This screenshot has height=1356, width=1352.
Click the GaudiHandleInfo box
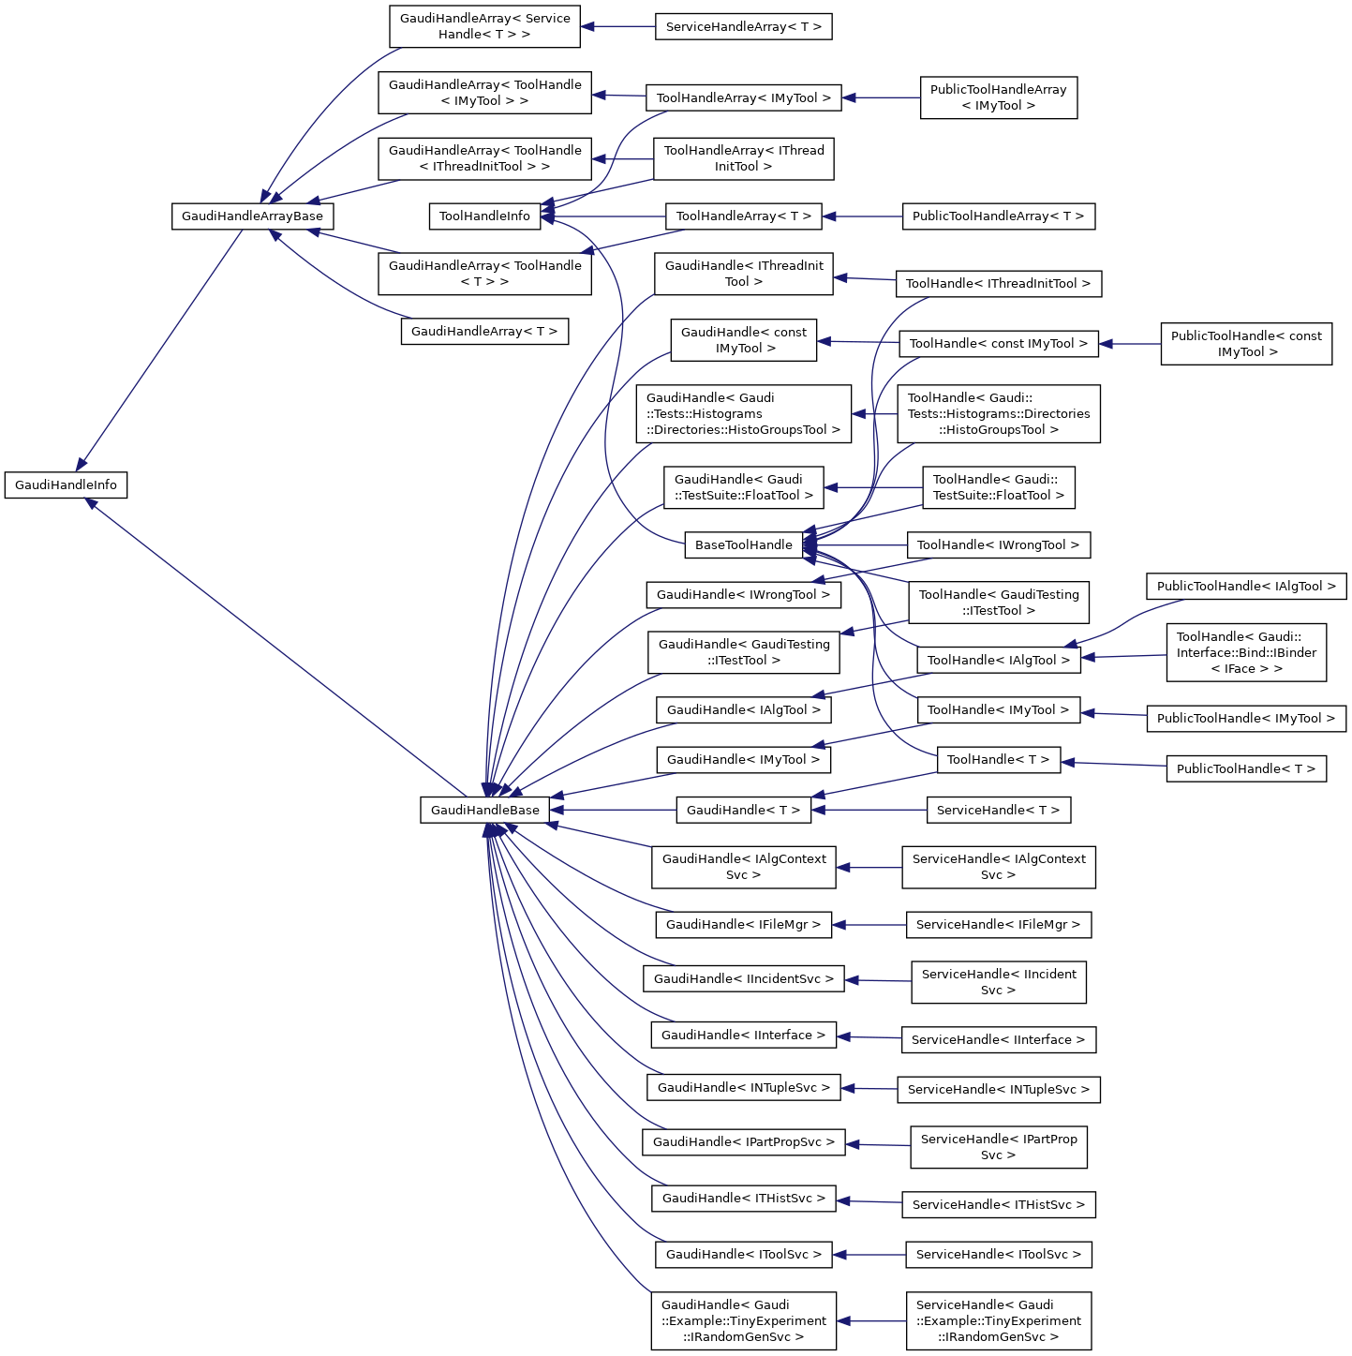pos(66,485)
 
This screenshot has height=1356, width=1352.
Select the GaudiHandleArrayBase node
pos(252,216)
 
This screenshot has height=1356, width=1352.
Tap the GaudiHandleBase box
pos(484,811)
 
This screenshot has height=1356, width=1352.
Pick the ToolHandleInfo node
pos(484,216)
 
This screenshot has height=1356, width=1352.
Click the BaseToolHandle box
pos(744,545)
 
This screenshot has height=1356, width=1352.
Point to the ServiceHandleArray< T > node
pos(744,27)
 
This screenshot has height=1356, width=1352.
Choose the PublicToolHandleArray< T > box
pos(998,216)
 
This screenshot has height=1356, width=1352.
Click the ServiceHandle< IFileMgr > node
pos(998,925)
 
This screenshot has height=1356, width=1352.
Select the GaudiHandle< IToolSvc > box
pos(744,1255)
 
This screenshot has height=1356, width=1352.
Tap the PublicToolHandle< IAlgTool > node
pos(1246,587)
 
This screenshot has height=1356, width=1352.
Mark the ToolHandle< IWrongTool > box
pos(998,545)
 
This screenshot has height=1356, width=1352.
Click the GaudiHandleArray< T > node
pos(484,332)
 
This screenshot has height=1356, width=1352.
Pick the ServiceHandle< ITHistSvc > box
pos(998,1205)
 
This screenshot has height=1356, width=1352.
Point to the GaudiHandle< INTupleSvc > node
pos(744,1088)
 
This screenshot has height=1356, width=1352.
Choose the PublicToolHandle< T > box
pos(1246,769)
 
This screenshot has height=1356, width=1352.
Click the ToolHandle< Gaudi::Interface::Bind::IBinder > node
pos(1246,652)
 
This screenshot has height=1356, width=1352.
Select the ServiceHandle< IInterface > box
pos(998,1040)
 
